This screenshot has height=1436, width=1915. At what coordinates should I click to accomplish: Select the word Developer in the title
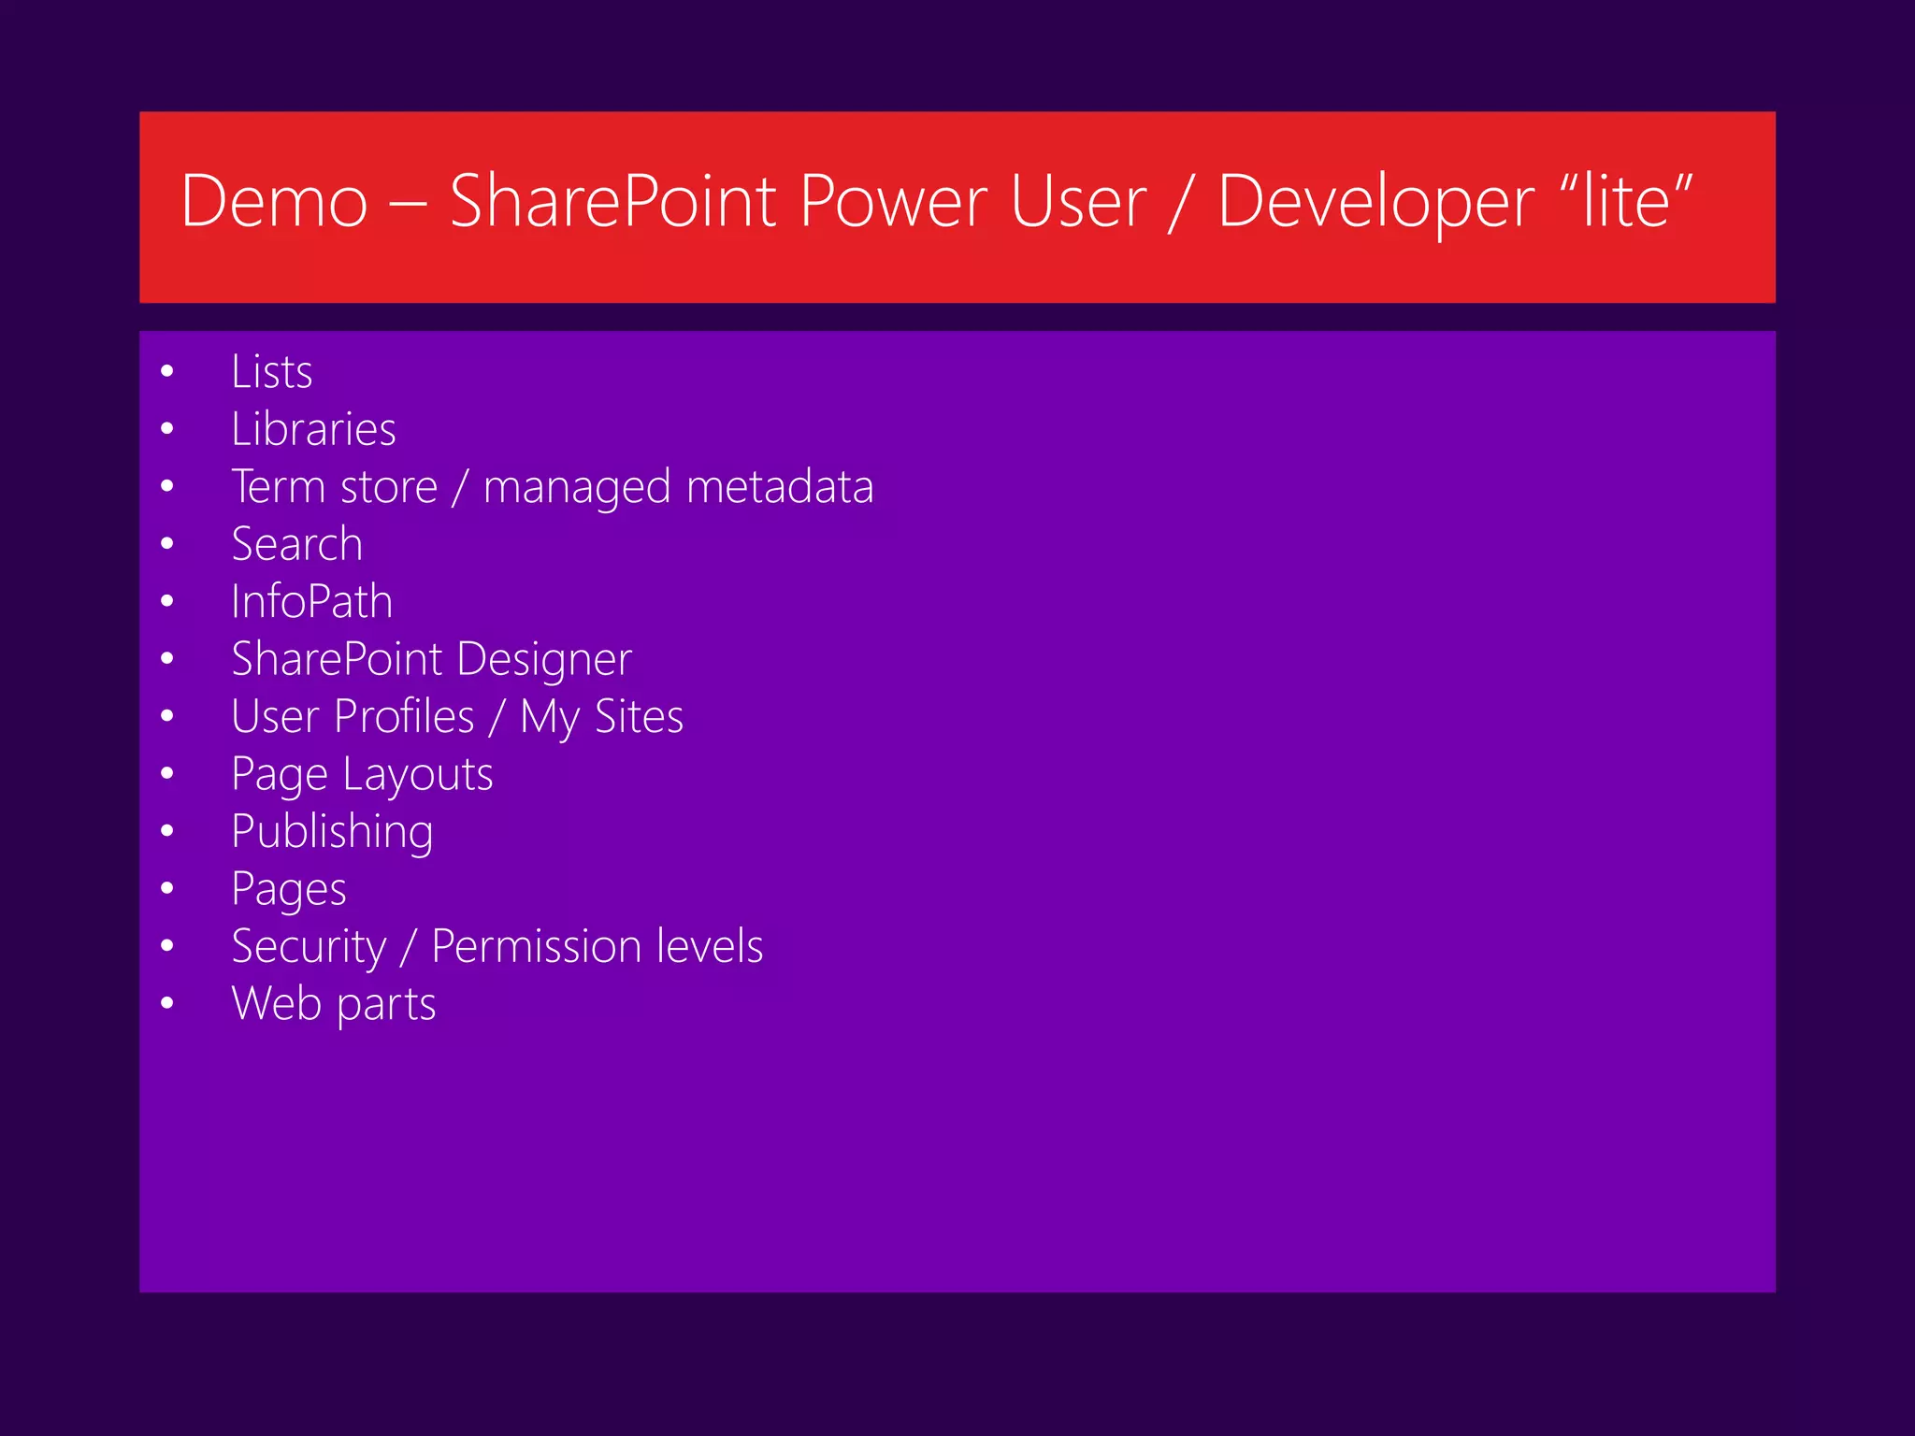tap(1375, 203)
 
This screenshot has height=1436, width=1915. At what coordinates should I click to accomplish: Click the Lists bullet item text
tap(271, 371)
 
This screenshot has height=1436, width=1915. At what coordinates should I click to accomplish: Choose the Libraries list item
tap(313, 429)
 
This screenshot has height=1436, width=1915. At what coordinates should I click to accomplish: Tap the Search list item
tap(296, 544)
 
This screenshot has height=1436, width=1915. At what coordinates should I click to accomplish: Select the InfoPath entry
tap(311, 601)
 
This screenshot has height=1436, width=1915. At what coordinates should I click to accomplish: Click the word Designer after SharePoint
tap(544, 659)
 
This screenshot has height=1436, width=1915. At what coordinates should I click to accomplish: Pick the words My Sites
tap(601, 717)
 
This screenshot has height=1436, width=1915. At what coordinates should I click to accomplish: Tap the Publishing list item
tap(332, 832)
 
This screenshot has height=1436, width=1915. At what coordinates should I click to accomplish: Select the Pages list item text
tap(288, 889)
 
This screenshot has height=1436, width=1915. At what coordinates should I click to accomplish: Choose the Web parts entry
tap(333, 1004)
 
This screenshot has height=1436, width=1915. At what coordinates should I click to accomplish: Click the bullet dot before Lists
tap(167, 372)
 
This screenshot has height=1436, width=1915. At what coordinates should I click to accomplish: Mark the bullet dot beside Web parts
tap(167, 1004)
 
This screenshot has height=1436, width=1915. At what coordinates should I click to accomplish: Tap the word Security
tap(309, 946)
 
